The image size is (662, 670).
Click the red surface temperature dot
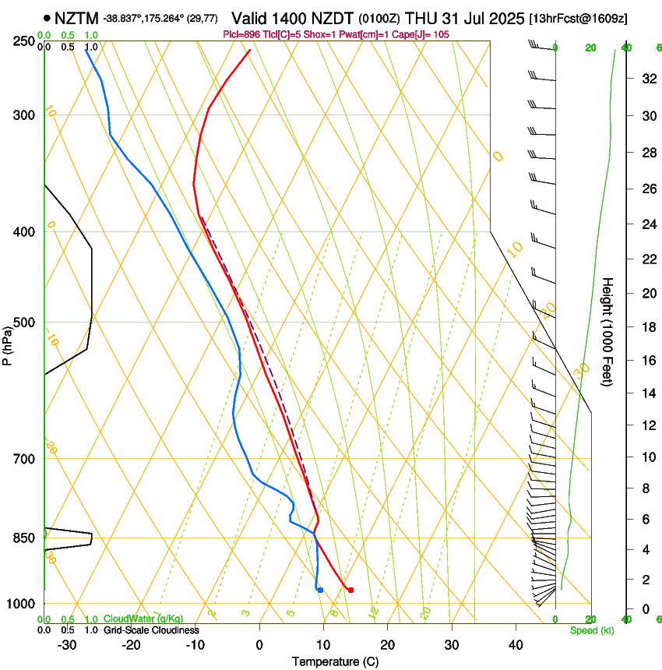point(350,590)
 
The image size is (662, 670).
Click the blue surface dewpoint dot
point(320,590)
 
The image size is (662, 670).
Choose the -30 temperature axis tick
point(67,645)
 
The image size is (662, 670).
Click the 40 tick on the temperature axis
point(516,645)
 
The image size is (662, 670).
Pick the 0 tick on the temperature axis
point(259,645)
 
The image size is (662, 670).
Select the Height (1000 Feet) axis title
point(607,331)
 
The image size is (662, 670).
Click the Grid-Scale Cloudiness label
point(151,629)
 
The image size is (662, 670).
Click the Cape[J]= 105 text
point(420,34)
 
